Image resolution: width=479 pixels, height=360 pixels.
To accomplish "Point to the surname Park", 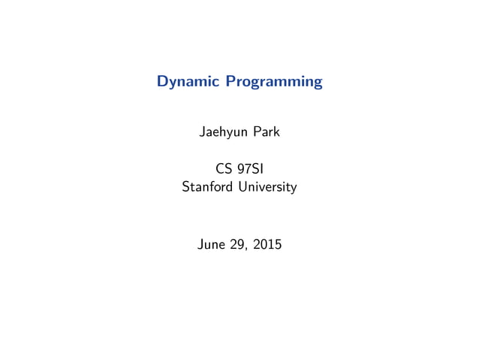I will point(266,133).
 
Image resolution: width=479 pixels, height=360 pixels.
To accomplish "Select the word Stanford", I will point(206,186).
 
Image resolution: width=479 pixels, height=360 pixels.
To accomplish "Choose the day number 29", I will point(239,244).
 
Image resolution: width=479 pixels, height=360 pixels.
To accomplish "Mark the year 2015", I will point(267,244).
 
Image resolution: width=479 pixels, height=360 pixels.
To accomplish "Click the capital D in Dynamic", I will point(162,81).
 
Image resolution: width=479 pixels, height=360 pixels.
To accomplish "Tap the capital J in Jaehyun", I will point(201,133).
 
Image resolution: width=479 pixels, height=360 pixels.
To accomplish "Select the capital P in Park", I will point(255,133).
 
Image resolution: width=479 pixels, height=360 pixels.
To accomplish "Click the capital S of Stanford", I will point(185,186).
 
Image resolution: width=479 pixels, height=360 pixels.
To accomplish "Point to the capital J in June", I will point(200,244).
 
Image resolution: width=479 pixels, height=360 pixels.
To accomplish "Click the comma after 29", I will point(248,247).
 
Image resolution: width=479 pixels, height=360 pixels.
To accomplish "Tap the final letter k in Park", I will point(276,133).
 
